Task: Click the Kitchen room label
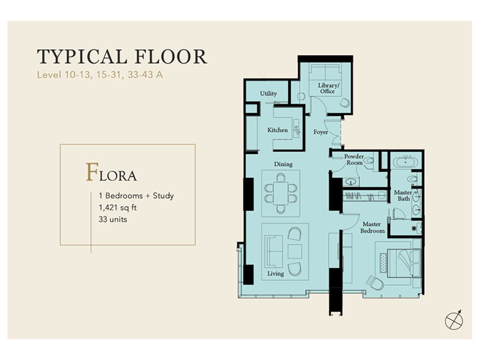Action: point(277,130)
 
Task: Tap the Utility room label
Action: point(268,94)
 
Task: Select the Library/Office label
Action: point(328,88)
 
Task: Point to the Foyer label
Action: point(320,132)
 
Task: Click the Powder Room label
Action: point(354,160)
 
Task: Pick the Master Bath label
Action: point(403,196)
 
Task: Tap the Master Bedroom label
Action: point(372,227)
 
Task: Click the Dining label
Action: point(283,164)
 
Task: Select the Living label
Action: point(275,274)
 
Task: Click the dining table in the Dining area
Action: point(281,194)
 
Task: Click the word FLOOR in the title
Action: point(171,57)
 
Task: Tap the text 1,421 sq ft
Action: point(118,208)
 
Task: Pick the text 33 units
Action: point(113,220)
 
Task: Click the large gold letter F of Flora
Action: point(92,172)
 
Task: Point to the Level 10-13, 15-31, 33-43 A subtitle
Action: point(100,75)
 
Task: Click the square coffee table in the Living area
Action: point(295,251)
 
